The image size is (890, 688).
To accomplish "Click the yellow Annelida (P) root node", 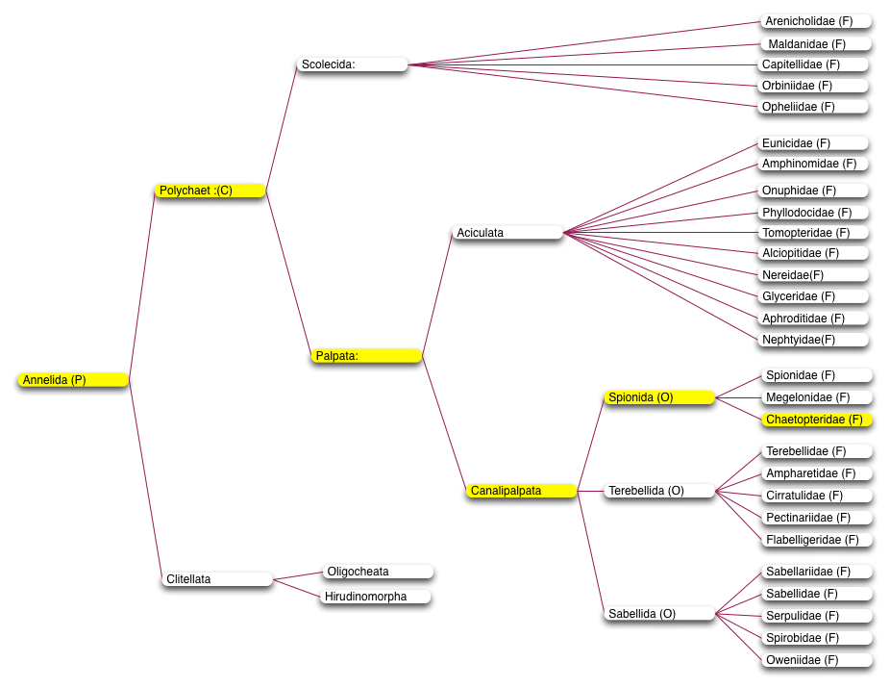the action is click(73, 379).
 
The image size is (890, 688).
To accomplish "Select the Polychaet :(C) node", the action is click(210, 191).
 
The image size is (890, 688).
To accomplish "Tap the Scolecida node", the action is click(352, 64).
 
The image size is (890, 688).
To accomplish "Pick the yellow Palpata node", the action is click(366, 356).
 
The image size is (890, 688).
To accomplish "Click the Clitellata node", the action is click(217, 579).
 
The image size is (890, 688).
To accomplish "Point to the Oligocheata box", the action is click(378, 572).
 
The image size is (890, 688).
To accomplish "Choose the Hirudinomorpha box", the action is click(375, 597).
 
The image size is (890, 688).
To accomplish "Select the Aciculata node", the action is click(507, 232).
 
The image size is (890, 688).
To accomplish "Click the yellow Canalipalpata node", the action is click(522, 491).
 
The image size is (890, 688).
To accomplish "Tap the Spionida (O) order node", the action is click(659, 397).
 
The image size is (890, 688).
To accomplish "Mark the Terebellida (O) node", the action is click(659, 491).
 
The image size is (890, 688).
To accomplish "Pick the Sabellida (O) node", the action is click(659, 614).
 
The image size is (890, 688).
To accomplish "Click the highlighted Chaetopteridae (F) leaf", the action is click(816, 420).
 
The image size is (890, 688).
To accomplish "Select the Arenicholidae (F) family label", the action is click(816, 21).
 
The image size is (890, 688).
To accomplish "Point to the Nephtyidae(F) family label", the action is click(813, 339).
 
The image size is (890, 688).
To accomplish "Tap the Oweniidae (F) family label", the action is click(816, 659).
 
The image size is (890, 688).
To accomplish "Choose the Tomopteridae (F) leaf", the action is click(813, 232).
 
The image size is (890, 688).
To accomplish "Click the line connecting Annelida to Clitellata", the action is click(145, 479).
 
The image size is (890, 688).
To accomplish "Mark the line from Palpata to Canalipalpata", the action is click(444, 423).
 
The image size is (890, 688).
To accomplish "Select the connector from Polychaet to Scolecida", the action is click(281, 127).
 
